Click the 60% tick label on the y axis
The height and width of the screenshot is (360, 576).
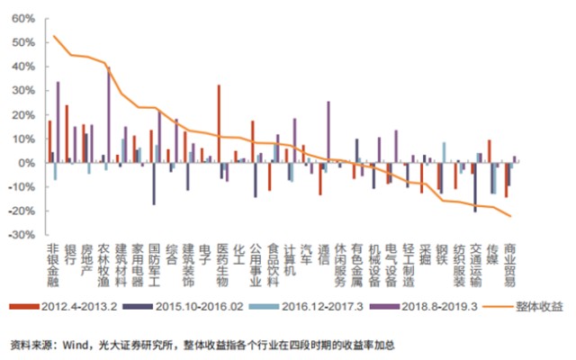[x=22, y=18]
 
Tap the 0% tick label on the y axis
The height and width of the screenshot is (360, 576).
[x=25, y=162]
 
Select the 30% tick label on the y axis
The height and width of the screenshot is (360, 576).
[x=22, y=90]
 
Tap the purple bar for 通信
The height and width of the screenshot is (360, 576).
[x=328, y=131]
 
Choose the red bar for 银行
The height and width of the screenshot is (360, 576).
[x=67, y=134]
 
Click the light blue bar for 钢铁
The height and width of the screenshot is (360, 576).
[x=444, y=152]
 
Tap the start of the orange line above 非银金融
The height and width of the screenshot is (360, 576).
[x=54, y=36]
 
